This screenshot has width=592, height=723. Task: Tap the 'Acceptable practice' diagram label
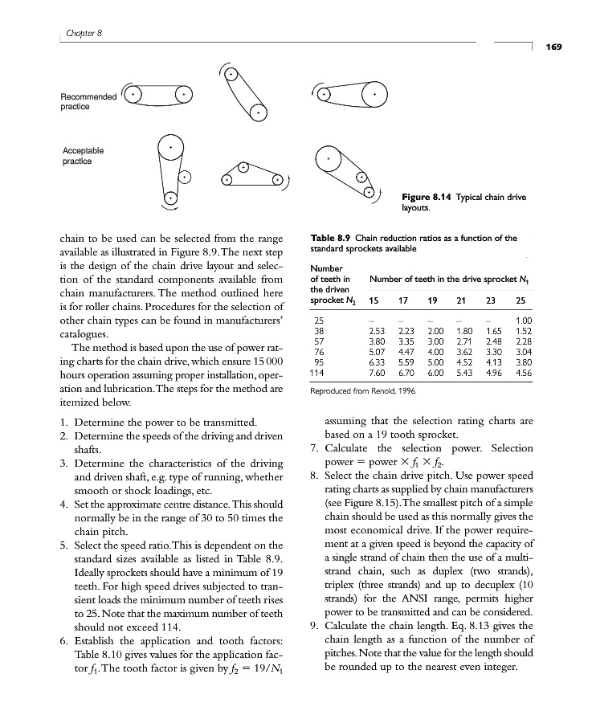[x=83, y=156]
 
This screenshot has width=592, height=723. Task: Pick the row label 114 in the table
[x=318, y=372]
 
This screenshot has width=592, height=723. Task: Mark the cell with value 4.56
[x=521, y=372]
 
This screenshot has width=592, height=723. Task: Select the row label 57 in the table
[x=318, y=341]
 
